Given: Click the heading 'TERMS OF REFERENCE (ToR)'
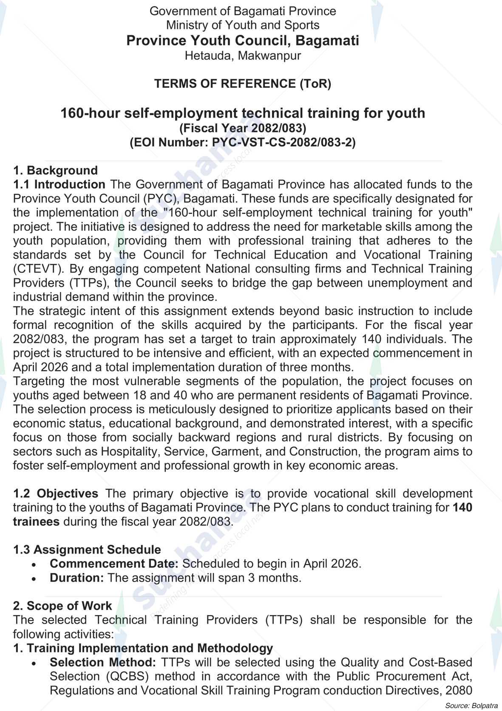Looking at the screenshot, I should [242, 84].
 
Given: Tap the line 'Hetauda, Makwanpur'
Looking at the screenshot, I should [242, 56].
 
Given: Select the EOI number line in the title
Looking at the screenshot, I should [242, 142].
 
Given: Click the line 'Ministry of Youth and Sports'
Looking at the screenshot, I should [242, 25].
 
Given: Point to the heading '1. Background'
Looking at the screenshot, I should [55, 171].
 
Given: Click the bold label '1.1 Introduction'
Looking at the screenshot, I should [59, 185].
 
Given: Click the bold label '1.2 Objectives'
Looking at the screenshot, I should [55, 494].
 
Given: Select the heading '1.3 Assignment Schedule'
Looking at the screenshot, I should [87, 550].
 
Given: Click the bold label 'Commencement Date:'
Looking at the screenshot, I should [114, 564].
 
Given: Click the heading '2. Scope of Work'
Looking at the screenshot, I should [62, 606].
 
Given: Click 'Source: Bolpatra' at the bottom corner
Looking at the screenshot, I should [471, 705].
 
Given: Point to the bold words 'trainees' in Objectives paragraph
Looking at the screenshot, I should [36, 522].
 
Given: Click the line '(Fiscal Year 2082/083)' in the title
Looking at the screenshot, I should [242, 128].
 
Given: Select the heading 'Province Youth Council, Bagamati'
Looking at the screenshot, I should [242, 41].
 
